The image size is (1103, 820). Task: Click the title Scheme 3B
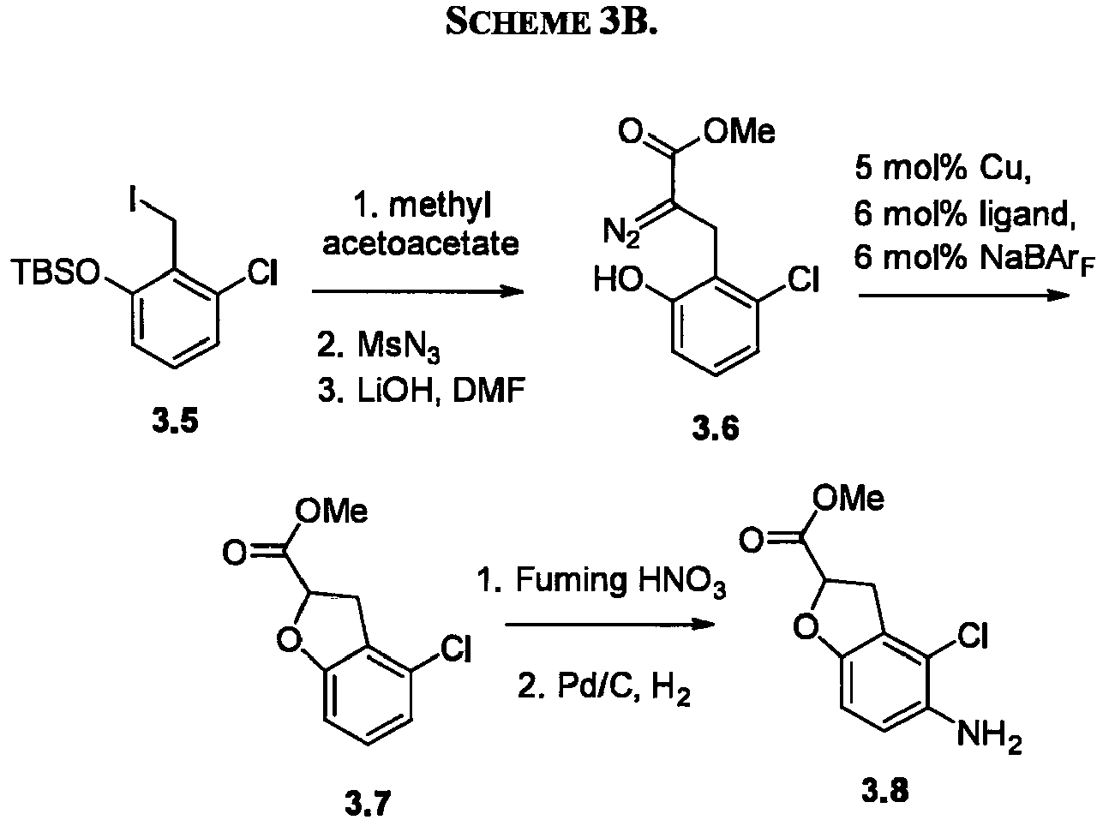551,21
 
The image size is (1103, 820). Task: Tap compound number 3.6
716,428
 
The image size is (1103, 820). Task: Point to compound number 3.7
368,803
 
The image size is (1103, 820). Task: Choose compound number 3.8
884,791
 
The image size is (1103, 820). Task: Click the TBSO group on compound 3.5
56,272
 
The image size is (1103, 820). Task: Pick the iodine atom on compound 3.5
133,198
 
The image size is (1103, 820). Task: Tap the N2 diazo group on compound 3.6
621,232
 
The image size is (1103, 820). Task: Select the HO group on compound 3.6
619,279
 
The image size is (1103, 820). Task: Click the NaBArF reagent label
1036,259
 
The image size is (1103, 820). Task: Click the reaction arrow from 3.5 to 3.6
417,291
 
